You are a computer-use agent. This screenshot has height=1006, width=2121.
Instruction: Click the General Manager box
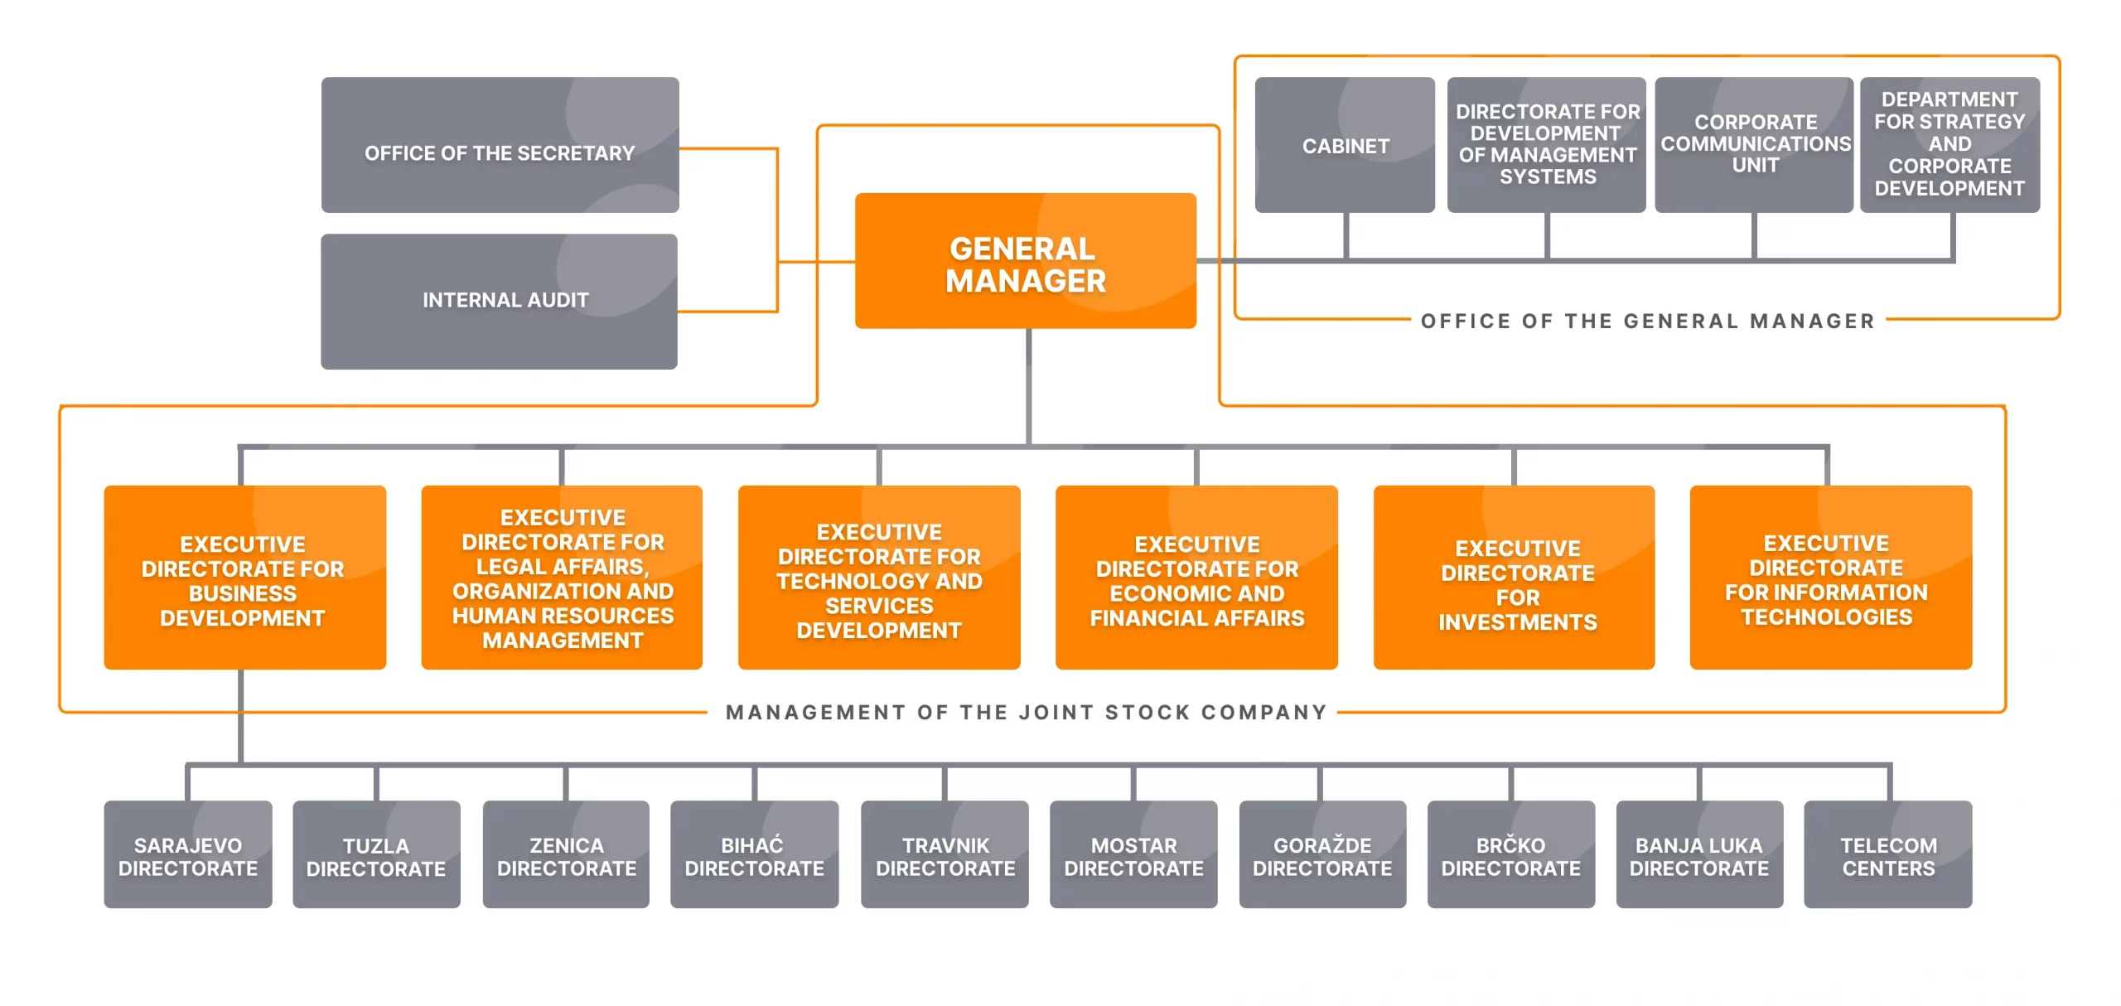pyautogui.click(x=1025, y=262)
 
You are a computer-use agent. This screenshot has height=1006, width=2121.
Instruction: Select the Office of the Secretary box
pyautogui.click(x=500, y=146)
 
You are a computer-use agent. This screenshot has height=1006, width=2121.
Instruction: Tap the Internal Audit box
pyautogui.click(x=499, y=302)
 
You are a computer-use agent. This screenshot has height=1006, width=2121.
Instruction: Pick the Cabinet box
pyautogui.click(x=1344, y=146)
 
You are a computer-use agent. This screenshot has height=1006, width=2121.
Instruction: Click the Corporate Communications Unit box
pyautogui.click(x=1754, y=145)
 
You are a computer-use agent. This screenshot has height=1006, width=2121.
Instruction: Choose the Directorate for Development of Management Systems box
pyautogui.click(x=1546, y=145)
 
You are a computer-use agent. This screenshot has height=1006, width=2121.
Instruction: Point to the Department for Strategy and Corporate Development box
pyautogui.click(x=1949, y=145)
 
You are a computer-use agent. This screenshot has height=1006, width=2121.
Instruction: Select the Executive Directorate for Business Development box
pyautogui.click(x=244, y=578)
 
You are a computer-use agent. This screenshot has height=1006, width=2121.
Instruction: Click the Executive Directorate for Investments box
pyautogui.click(x=1514, y=578)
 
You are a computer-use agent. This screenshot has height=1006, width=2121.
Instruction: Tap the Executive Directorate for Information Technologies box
pyautogui.click(x=1830, y=578)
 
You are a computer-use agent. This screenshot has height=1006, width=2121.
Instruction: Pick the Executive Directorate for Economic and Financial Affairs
pyautogui.click(x=1196, y=578)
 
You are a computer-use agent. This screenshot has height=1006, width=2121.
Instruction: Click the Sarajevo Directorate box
pyautogui.click(x=188, y=855)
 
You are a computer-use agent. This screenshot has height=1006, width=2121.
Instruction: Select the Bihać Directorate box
pyautogui.click(x=754, y=855)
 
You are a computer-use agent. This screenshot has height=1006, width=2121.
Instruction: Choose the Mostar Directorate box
pyautogui.click(x=1133, y=855)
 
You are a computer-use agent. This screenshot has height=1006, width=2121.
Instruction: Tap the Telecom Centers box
pyautogui.click(x=1888, y=855)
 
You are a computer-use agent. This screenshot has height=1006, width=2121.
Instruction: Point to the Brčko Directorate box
pyautogui.click(x=1510, y=855)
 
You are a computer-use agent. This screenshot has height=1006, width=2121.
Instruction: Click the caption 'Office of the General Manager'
pyautogui.click(x=1647, y=322)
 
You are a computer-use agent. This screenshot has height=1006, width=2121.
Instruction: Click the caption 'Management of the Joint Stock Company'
pyautogui.click(x=1026, y=713)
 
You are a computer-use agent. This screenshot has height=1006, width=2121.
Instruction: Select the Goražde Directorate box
pyautogui.click(x=1322, y=855)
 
